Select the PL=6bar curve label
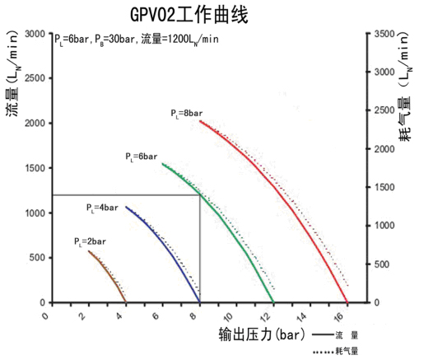[141, 155]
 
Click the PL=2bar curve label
[89, 241]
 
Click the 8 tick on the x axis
[200, 316]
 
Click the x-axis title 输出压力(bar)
[256, 337]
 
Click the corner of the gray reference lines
[200, 195]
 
